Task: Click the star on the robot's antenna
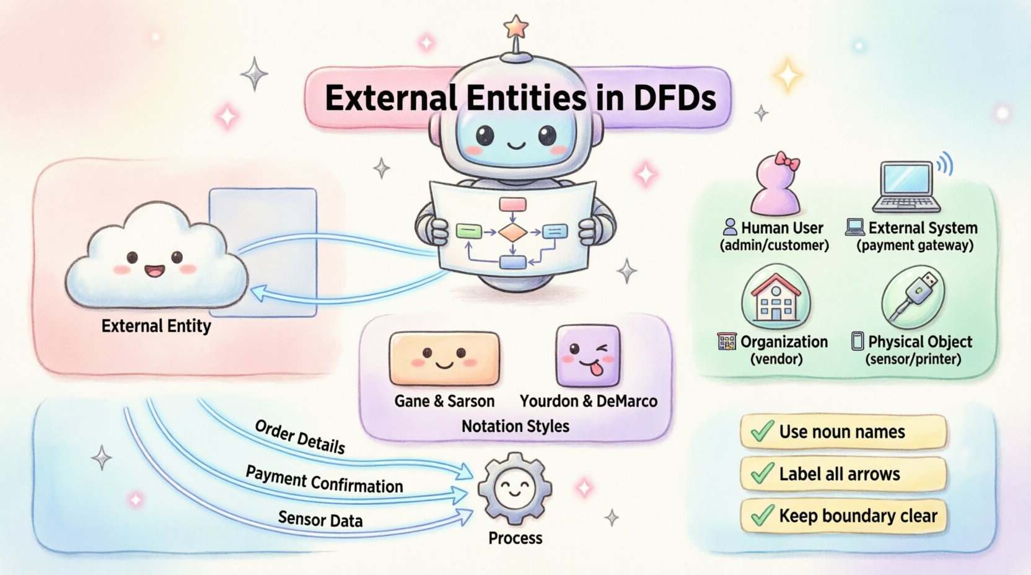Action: click(515, 27)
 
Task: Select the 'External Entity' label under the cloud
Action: click(156, 326)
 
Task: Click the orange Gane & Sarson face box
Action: click(444, 359)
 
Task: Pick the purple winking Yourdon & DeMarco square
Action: click(587, 356)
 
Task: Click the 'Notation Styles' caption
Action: click(515, 426)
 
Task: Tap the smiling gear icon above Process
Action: click(514, 489)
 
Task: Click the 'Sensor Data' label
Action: click(320, 519)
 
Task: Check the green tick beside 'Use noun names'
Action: click(761, 431)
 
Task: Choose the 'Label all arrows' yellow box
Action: click(843, 474)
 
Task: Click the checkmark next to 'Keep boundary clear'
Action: click(761, 515)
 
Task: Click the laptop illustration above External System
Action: click(907, 186)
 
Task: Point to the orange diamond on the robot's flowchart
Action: click(512, 233)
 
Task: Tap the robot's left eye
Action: click(485, 134)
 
